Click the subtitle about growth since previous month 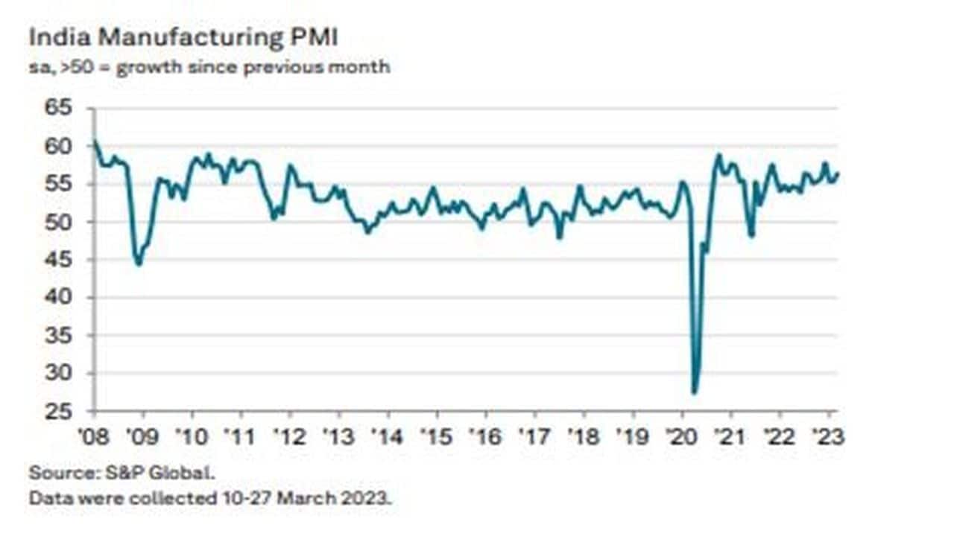click(209, 67)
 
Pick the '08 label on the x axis click(95, 437)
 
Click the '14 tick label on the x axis click(388, 437)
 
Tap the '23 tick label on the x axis click(829, 437)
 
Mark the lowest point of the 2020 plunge click(695, 392)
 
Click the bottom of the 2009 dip click(139, 264)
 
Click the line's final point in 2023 click(838, 174)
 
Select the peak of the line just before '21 click(718, 155)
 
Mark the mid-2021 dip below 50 click(752, 235)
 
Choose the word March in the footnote click(306, 498)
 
